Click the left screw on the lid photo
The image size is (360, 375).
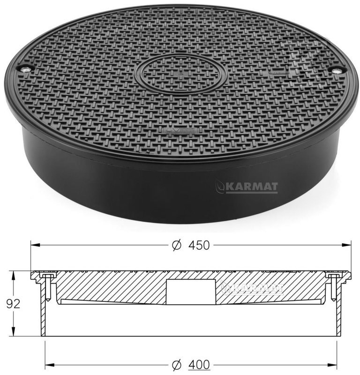pos(25,69)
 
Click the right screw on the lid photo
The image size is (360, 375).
pos(337,70)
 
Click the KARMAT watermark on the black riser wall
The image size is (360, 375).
pos(247,187)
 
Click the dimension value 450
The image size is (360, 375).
pos(199,245)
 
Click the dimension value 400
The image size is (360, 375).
pos(199,365)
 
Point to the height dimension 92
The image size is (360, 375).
pos(13,304)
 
